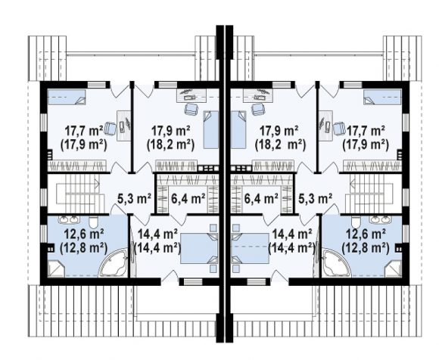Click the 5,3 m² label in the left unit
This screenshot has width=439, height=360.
tap(134, 199)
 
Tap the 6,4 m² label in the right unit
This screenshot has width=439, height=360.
tap(261, 199)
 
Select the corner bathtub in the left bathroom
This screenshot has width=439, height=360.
tap(114, 262)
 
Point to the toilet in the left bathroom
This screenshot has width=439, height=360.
tap(93, 222)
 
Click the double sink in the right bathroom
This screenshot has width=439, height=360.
tap(380, 220)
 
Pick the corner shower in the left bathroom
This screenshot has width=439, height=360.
tap(56, 268)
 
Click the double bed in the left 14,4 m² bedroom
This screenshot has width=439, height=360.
tap(199, 249)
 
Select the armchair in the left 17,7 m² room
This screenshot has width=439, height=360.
tap(110, 129)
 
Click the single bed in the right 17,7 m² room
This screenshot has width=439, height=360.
tap(382, 97)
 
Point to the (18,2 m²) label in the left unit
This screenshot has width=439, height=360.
tap(170, 145)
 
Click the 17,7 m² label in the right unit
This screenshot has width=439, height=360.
tap(366, 131)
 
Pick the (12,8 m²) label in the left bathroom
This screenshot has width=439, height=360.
tap(84, 248)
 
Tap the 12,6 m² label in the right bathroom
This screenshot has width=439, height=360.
tap(366, 234)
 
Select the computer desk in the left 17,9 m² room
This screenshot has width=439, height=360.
tap(191, 95)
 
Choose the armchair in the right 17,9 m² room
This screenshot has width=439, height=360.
tap(258, 109)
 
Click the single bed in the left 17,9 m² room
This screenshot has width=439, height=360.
tap(210, 129)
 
